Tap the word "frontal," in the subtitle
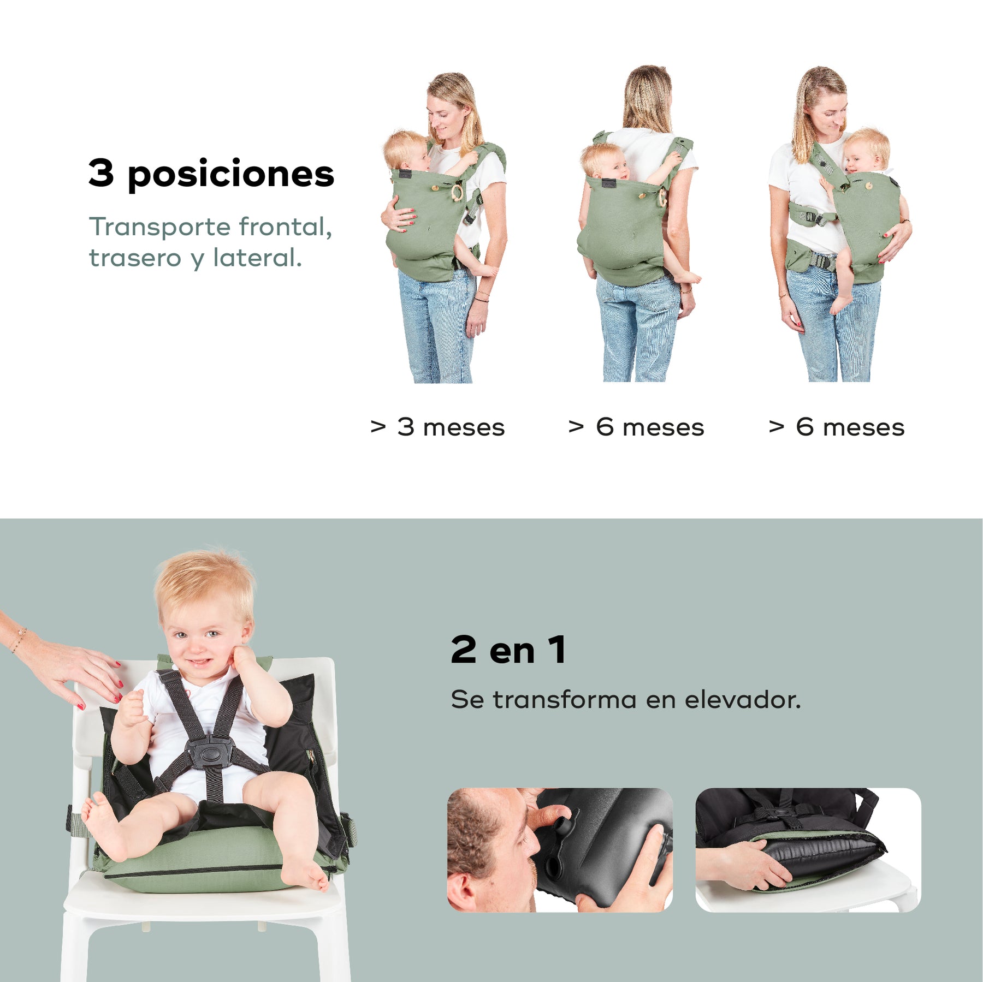285,227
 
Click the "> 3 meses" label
437,427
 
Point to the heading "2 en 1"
508,650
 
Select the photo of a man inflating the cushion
560,850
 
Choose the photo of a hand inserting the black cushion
808,850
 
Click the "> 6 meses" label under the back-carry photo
636,427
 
